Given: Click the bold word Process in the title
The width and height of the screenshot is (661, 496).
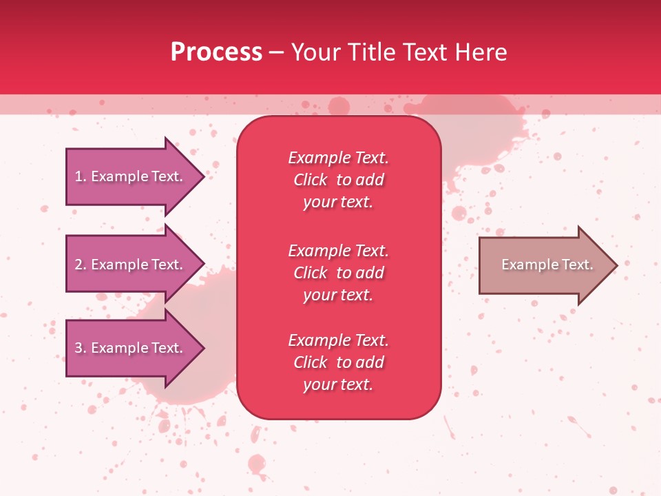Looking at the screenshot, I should pyautogui.click(x=216, y=52).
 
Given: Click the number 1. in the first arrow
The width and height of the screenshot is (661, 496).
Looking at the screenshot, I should pyautogui.click(x=81, y=177).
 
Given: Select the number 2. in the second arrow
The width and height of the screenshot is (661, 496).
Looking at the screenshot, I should pyautogui.click(x=81, y=265).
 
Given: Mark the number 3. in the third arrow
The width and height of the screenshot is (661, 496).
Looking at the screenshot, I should pyautogui.click(x=81, y=349).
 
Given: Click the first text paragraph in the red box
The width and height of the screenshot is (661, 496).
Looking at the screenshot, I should pyautogui.click(x=338, y=180).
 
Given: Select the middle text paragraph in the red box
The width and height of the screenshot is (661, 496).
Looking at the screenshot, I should pyautogui.click(x=338, y=273).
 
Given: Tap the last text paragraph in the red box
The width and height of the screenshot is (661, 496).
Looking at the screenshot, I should pyautogui.click(x=338, y=362).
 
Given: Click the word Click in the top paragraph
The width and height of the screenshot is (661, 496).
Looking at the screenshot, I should pyautogui.click(x=311, y=180).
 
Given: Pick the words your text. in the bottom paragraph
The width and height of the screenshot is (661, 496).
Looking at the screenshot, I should pyautogui.click(x=338, y=384).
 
